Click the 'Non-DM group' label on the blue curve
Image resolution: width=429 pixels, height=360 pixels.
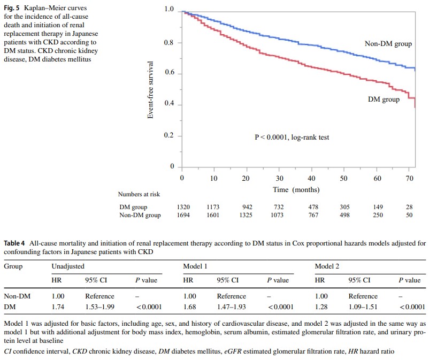388,44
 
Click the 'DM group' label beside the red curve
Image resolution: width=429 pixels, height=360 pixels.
384,99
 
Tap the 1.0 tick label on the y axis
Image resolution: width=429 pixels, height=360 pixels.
170,10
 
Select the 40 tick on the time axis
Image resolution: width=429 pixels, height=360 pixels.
311,178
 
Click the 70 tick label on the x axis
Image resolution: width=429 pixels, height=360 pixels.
410,178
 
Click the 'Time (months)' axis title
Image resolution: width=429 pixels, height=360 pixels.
296,189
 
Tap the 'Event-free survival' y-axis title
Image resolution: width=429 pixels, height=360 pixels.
151,89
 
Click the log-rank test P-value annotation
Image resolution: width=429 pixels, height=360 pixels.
292,137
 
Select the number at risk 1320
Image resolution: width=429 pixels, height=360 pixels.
182,207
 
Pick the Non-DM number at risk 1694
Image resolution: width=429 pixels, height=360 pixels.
182,216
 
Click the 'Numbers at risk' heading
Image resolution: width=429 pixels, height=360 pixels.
139,194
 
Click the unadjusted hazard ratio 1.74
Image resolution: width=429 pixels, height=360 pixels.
58,307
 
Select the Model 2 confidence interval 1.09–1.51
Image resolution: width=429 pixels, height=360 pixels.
364,307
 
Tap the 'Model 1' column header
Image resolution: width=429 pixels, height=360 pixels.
195,266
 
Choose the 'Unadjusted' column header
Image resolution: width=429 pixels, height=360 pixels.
68,266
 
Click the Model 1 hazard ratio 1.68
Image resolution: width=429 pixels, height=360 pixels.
189,307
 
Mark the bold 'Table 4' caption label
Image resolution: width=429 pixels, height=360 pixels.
15,243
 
